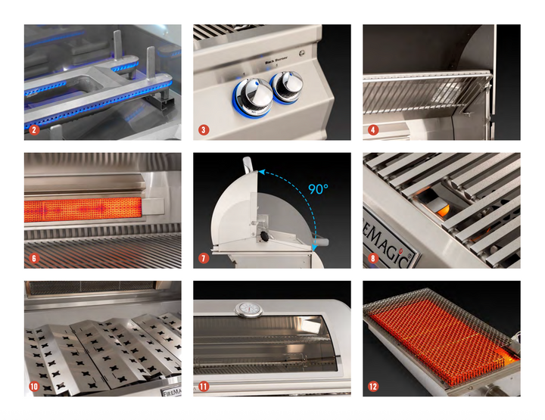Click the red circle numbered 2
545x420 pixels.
click(x=33, y=130)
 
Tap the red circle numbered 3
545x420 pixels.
click(x=203, y=130)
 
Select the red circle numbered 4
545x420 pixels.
click(x=373, y=130)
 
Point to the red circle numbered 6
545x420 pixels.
click(x=33, y=258)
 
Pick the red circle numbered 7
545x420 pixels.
click(x=203, y=258)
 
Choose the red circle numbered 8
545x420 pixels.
click(x=373, y=258)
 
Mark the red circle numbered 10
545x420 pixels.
click(x=33, y=386)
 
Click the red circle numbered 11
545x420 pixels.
click(x=203, y=386)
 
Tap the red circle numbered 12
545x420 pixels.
click(x=373, y=386)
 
